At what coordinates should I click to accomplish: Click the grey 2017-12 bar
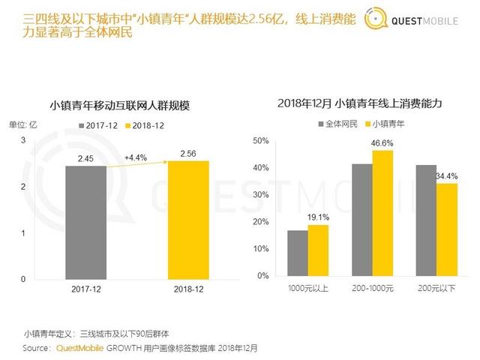pos(85,223)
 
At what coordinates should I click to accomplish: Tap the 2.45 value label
pos(85,158)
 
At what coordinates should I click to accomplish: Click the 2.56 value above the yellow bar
pos(188,153)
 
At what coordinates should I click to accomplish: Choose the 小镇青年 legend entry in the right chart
pos(382,124)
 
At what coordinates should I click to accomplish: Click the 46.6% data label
pos(382,142)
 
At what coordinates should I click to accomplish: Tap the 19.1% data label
pos(319,217)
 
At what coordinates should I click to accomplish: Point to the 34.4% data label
pos(446,176)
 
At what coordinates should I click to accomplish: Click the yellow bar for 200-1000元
pos(382,213)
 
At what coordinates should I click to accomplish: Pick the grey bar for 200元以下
pos(426,220)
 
